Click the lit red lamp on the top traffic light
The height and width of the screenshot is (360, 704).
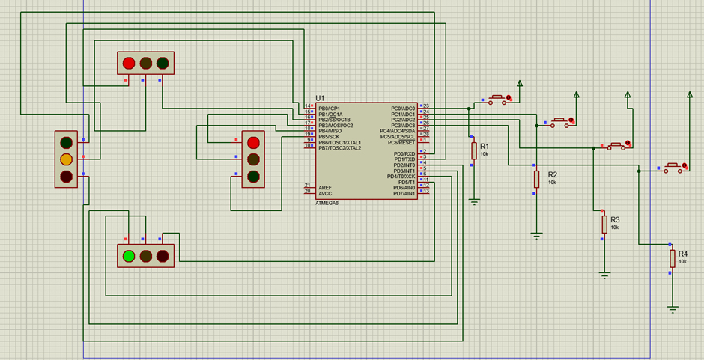pyautogui.click(x=128, y=64)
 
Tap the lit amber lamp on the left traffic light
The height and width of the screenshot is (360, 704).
pyautogui.click(x=66, y=159)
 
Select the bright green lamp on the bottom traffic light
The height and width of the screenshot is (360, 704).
pyautogui.click(x=128, y=256)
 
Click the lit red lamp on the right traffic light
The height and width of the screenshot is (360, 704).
pyautogui.click(x=253, y=142)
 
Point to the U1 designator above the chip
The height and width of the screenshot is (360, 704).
pyautogui.click(x=320, y=98)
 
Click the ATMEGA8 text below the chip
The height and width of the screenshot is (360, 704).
pyautogui.click(x=327, y=203)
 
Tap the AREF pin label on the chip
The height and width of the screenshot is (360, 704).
pyautogui.click(x=324, y=187)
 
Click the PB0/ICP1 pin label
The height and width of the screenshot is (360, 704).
pyautogui.click(x=329, y=109)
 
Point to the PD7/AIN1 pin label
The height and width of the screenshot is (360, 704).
pyautogui.click(x=401, y=193)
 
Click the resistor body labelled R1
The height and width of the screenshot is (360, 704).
pyautogui.click(x=474, y=151)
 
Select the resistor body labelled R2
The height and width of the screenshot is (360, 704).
pyautogui.click(x=536, y=179)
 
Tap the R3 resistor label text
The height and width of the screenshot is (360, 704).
pyautogui.click(x=615, y=219)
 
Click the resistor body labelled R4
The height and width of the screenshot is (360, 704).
pyautogui.click(x=673, y=259)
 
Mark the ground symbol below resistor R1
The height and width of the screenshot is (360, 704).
pyautogui.click(x=474, y=201)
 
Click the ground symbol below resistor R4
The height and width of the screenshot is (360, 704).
pyautogui.click(x=673, y=308)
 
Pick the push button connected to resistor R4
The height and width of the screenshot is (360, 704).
pyautogui.click(x=673, y=168)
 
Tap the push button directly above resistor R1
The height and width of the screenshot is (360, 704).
pyautogui.click(x=498, y=98)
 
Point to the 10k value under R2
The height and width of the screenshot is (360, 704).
pyautogui.click(x=552, y=183)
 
